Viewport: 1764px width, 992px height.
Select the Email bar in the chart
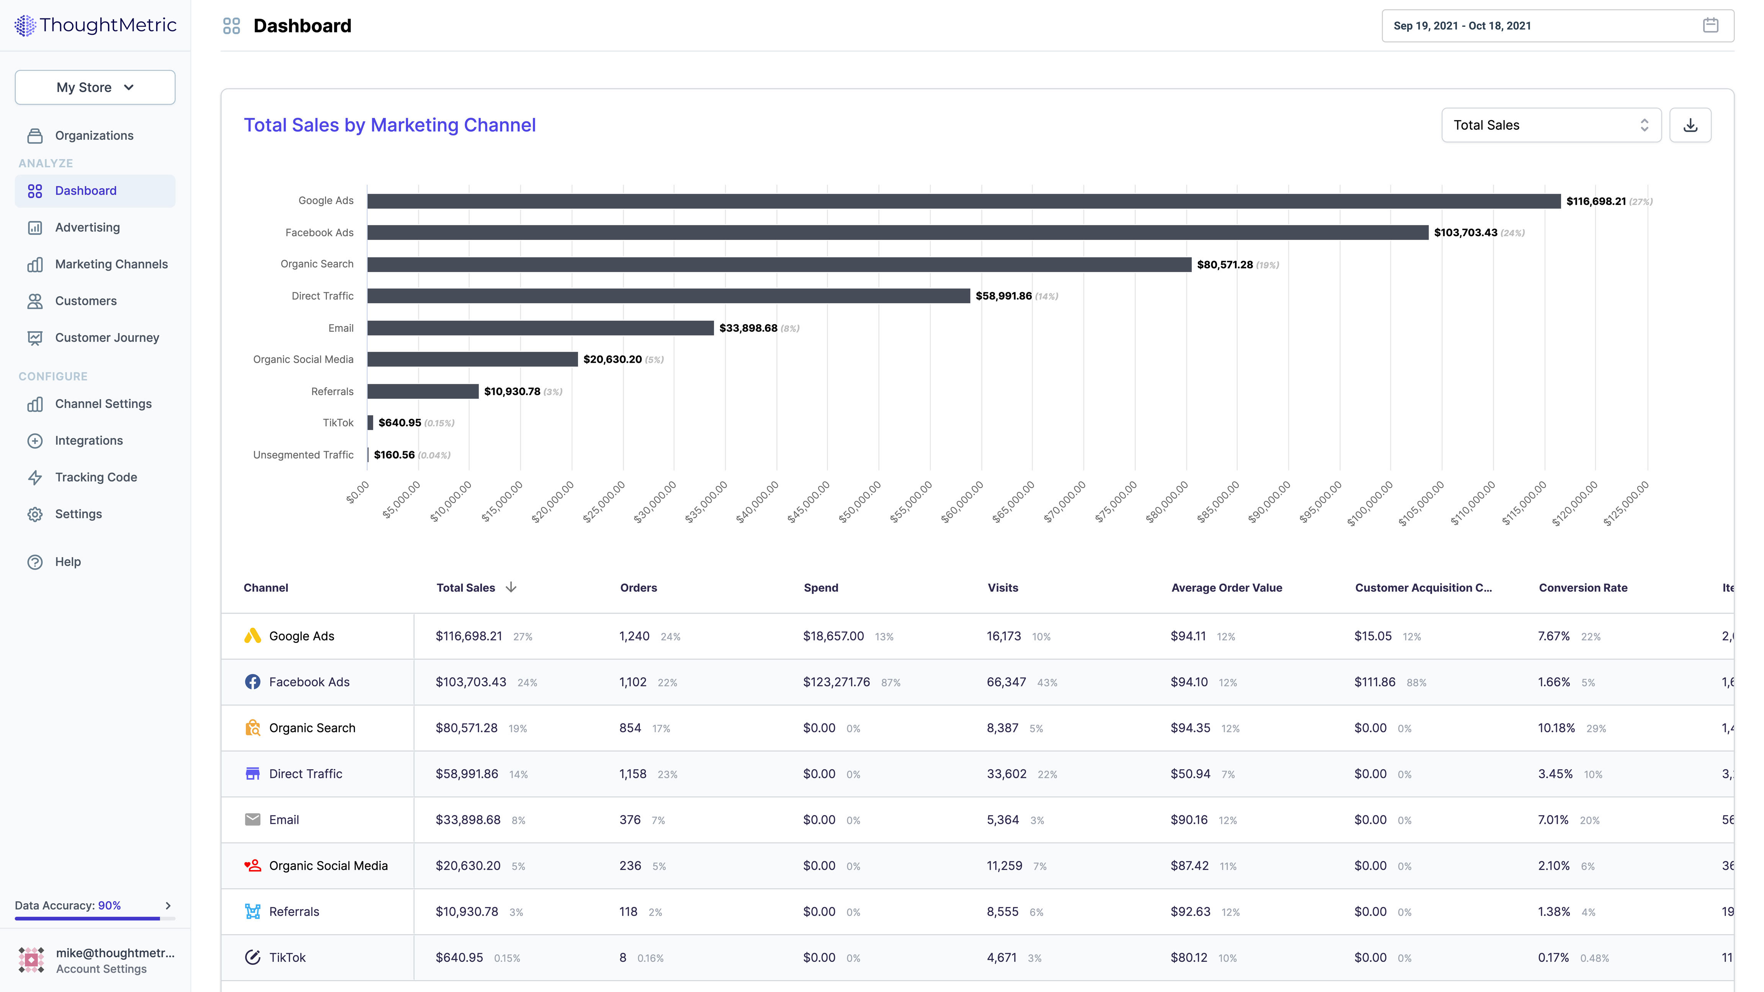tap(540, 328)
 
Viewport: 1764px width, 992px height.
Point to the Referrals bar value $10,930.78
tap(511, 392)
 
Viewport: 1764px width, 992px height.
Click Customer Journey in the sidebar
tap(107, 338)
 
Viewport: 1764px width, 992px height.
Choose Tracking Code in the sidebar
tap(96, 477)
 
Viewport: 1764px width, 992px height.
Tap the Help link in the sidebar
tap(68, 561)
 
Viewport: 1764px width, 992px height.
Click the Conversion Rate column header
tap(1583, 587)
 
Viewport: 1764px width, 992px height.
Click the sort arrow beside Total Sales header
tap(511, 587)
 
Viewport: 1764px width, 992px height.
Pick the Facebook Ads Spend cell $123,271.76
tap(836, 682)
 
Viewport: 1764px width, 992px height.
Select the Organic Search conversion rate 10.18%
tap(1556, 728)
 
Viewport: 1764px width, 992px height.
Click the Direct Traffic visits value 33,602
tap(1006, 773)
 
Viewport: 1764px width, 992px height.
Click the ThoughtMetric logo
tap(95, 25)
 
